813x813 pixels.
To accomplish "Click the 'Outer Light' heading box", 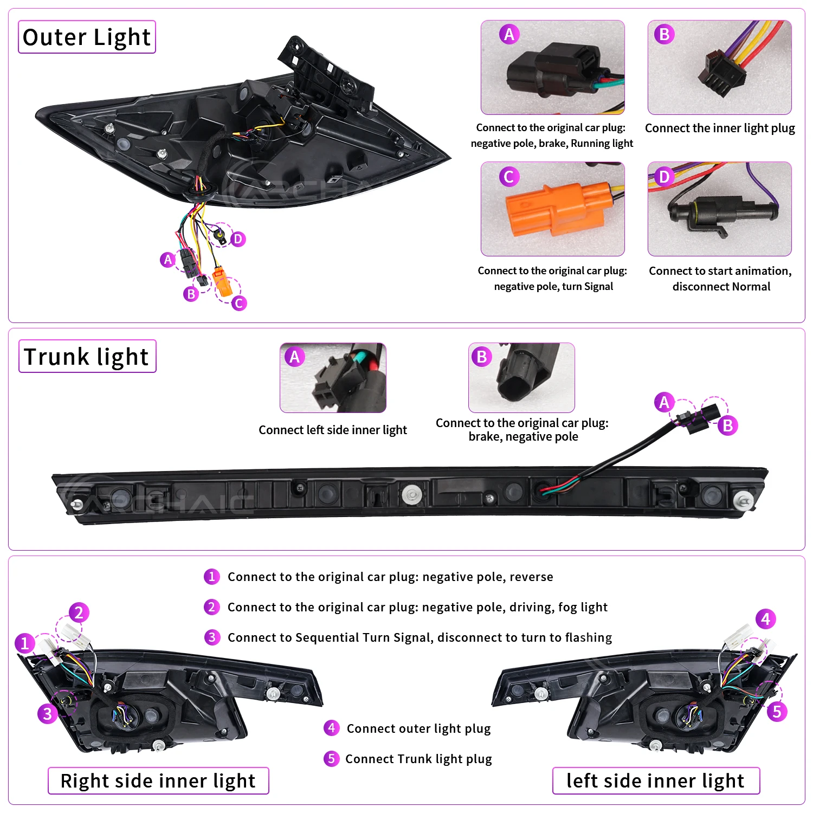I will point(87,37).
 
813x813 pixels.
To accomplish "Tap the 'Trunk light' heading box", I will point(87,356).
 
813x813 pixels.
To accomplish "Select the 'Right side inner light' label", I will point(158,780).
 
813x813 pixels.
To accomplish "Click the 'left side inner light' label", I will point(656,780).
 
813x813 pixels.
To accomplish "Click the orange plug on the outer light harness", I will point(222,281).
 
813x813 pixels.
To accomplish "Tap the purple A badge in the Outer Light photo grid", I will point(509,34).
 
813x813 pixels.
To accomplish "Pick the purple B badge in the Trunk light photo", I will point(481,357).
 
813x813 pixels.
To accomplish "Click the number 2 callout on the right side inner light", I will point(79,612).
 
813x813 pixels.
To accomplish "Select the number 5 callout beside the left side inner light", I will point(777,711).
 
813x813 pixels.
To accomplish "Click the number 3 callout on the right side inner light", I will point(48,713).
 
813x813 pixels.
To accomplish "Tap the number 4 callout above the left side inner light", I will point(765,618).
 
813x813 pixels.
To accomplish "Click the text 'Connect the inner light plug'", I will point(720,128).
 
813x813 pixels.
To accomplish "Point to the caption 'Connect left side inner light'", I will point(332,430).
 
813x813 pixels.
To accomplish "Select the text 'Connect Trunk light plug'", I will point(418,759).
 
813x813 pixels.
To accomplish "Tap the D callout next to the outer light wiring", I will point(238,239).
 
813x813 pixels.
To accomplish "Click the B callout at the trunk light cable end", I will point(728,425).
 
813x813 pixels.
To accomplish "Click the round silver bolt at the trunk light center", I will point(412,494).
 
